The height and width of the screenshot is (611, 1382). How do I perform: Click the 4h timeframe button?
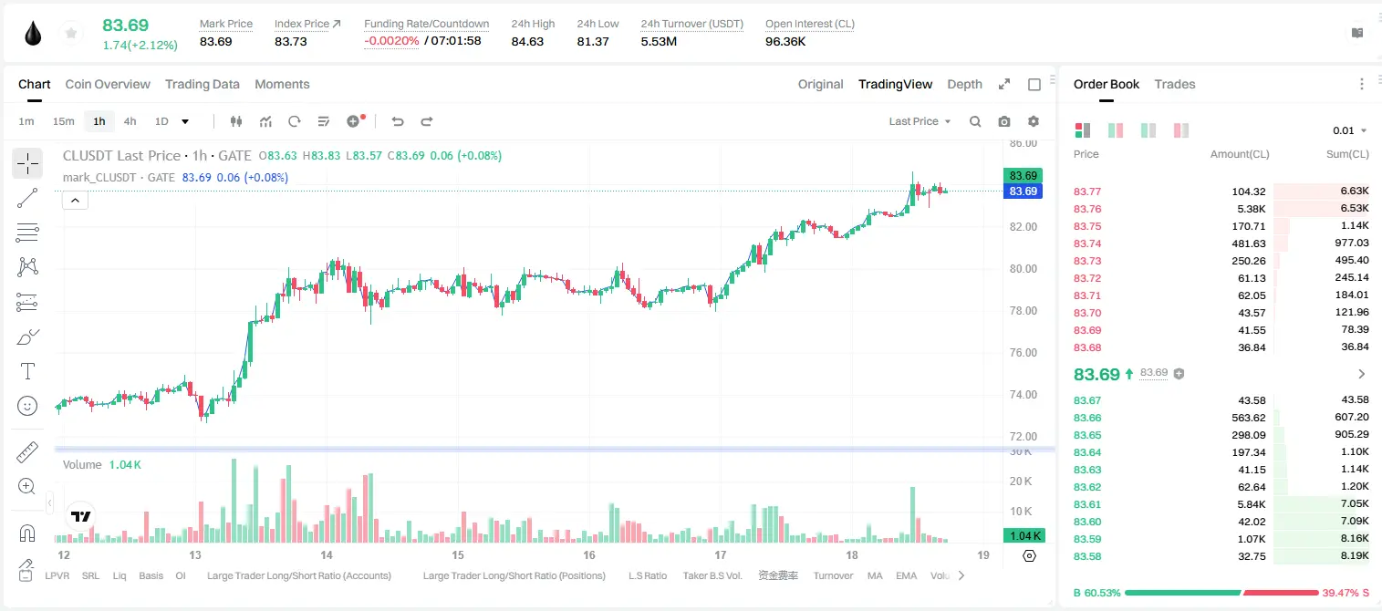click(x=130, y=121)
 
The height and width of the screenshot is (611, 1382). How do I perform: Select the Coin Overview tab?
click(x=108, y=84)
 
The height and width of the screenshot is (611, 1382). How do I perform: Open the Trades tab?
click(x=1175, y=84)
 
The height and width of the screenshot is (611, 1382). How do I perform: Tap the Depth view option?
click(x=964, y=84)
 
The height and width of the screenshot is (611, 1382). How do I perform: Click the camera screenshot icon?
click(x=1004, y=121)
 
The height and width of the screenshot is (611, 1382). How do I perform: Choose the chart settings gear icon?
click(x=1034, y=121)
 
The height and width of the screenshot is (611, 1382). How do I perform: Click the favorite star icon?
click(x=71, y=34)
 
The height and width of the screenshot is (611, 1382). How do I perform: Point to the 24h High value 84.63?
click(x=527, y=41)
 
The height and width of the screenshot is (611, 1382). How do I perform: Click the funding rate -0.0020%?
click(x=391, y=41)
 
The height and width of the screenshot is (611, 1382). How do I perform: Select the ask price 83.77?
click(x=1087, y=192)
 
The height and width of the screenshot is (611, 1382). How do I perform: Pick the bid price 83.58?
click(x=1087, y=556)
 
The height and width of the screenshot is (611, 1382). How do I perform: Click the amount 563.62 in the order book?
click(x=1248, y=418)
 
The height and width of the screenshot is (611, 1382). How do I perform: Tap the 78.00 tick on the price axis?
click(x=1023, y=311)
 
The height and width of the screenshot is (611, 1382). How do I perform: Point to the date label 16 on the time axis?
click(x=589, y=554)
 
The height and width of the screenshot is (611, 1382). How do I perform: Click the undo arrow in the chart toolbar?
click(x=398, y=121)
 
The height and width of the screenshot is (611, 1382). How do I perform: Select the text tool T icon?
click(x=27, y=371)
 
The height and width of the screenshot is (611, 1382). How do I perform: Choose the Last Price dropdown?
click(x=920, y=121)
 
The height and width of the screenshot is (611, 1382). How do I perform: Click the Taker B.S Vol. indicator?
click(x=712, y=575)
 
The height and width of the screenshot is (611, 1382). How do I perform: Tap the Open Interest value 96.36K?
click(x=785, y=41)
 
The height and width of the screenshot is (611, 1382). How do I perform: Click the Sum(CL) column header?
click(x=1347, y=154)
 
